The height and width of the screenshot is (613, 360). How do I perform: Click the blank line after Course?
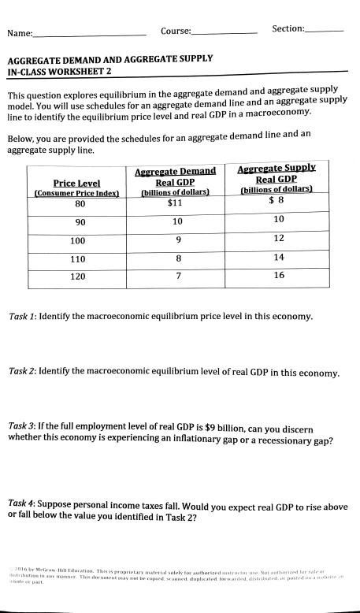pos(225,32)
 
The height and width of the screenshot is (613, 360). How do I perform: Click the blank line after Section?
pos(325,30)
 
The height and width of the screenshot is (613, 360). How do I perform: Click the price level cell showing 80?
pos(80,203)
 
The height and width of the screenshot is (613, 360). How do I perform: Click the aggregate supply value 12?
pos(278,238)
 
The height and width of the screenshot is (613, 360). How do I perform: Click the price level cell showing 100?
pos(78,240)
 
